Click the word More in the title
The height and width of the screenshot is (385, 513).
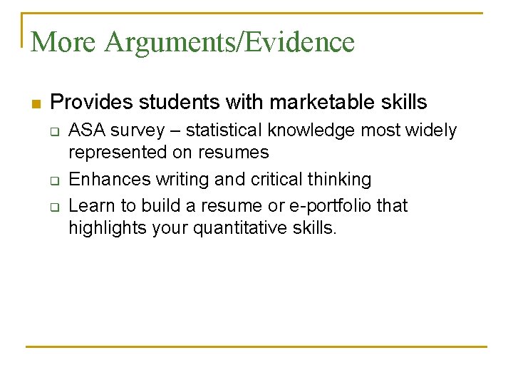click(63, 42)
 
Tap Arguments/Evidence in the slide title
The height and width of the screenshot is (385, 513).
click(229, 43)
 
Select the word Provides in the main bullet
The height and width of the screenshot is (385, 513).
click(91, 103)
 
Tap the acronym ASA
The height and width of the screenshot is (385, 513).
click(85, 130)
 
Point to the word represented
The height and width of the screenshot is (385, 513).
click(117, 152)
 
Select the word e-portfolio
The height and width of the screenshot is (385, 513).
click(333, 205)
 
